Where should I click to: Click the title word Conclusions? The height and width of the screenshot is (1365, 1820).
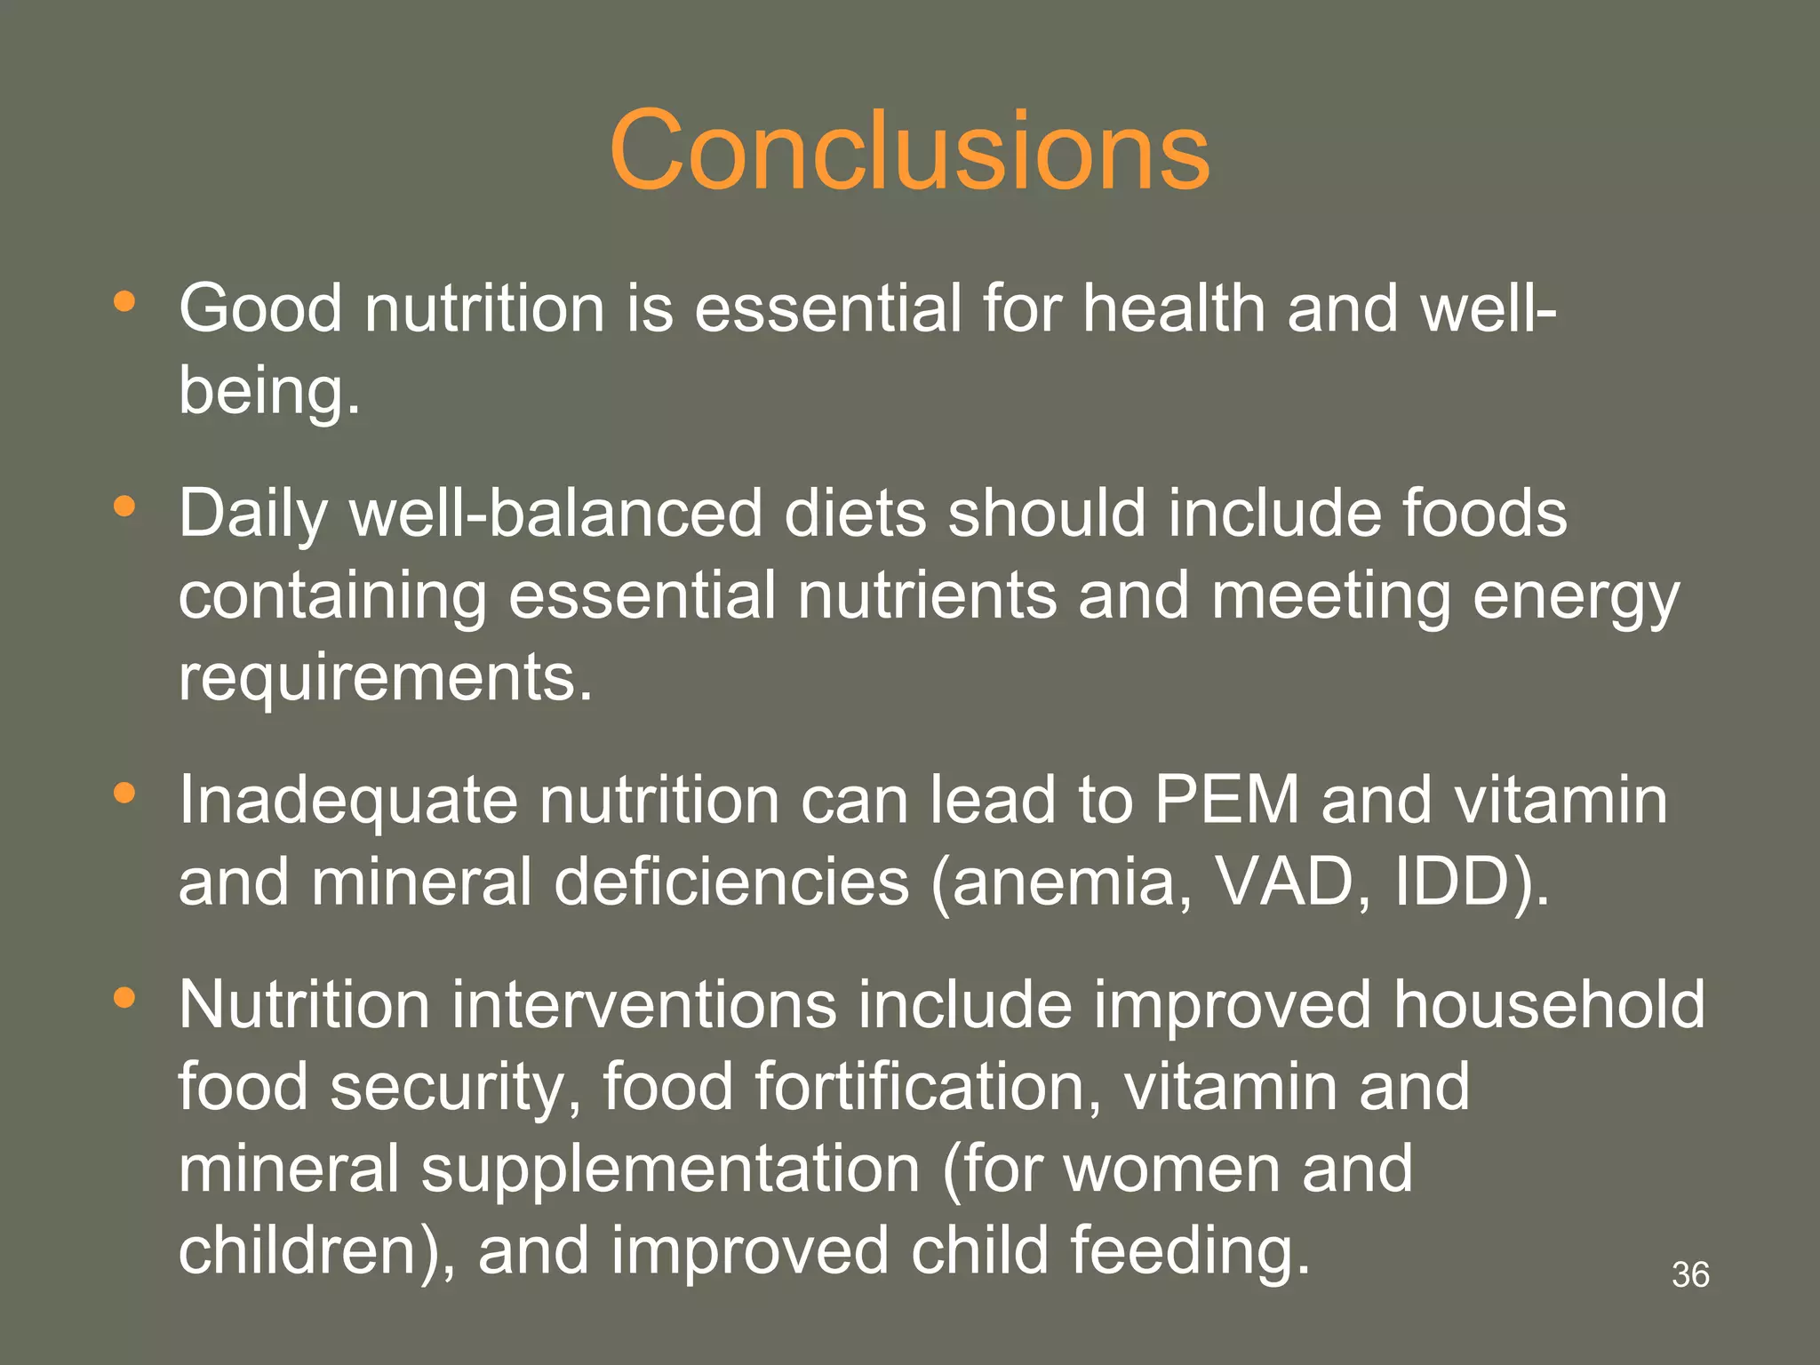click(909, 151)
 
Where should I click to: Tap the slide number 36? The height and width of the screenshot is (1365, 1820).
click(1689, 1274)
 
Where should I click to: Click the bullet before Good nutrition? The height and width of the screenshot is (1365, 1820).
click(124, 302)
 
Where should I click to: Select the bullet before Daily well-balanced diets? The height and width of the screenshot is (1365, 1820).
click(124, 507)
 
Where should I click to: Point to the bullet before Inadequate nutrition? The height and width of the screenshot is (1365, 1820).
click(124, 793)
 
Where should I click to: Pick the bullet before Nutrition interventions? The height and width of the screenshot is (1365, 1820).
click(124, 998)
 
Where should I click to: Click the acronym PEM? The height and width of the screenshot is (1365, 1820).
click(1227, 800)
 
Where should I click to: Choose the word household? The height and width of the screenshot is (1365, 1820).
click(1549, 1005)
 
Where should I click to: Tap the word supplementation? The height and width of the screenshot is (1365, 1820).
click(671, 1169)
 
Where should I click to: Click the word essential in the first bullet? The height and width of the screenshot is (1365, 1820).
click(827, 309)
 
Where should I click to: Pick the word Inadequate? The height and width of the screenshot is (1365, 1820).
click(347, 800)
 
